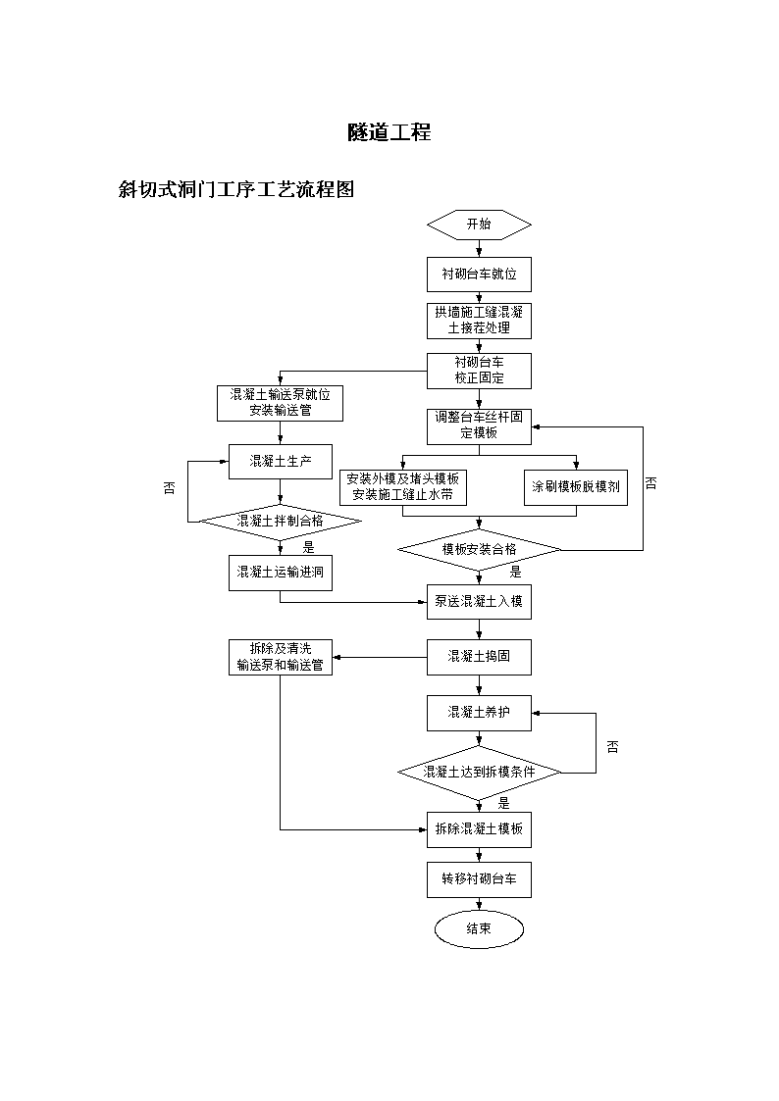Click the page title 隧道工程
(389, 132)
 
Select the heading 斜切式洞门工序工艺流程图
(236, 189)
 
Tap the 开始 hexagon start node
(479, 225)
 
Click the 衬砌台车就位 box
(479, 275)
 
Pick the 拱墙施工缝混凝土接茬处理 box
(479, 321)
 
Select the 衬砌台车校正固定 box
(479, 371)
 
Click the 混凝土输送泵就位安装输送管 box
(280, 403)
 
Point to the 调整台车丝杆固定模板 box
(479, 426)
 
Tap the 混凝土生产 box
(281, 462)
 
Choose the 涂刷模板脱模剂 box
(576, 487)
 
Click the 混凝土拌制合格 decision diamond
(281, 522)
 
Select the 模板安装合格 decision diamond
(479, 550)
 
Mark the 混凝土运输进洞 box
(281, 573)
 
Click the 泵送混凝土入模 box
(479, 602)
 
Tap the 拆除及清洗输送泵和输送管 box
(281, 657)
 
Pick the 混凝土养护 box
(479, 714)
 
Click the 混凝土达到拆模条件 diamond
(479, 773)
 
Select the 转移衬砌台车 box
(479, 879)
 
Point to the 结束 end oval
(479, 929)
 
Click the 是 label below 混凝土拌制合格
(308, 548)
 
